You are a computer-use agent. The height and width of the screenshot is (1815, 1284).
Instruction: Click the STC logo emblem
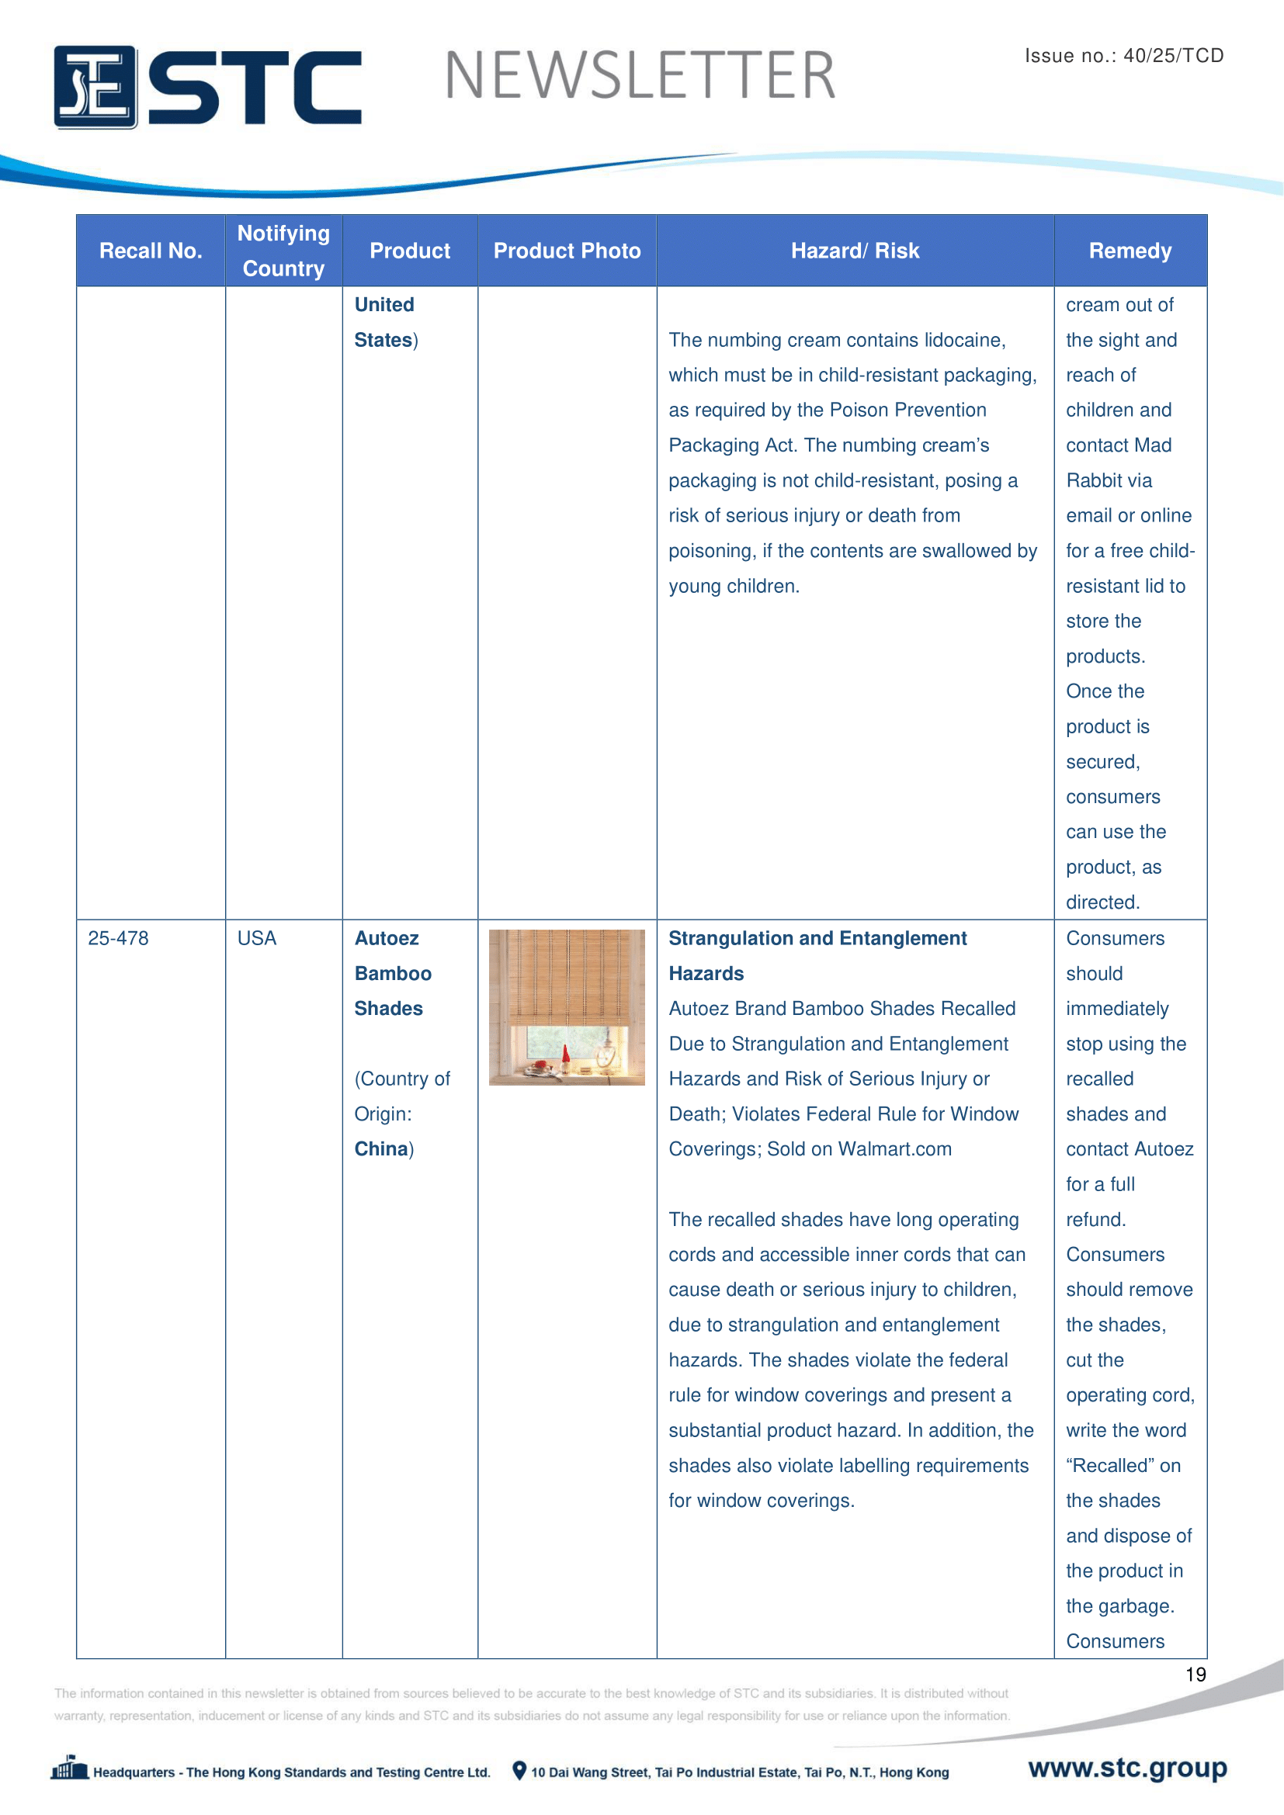[x=95, y=87]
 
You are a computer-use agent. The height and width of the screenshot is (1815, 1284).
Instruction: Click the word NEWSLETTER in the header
[x=640, y=76]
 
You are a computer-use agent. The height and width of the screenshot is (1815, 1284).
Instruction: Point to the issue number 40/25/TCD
[x=1173, y=56]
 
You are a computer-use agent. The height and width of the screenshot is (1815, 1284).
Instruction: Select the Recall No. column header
[x=151, y=251]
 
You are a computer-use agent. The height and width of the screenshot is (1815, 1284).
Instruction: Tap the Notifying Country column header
[x=283, y=251]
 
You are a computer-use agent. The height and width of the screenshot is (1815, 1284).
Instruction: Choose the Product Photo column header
[x=567, y=251]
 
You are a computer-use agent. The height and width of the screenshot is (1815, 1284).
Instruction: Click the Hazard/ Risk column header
[x=855, y=251]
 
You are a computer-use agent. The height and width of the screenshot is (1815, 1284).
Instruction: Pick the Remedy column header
[x=1130, y=251]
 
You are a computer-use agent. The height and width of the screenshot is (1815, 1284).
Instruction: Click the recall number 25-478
[x=119, y=938]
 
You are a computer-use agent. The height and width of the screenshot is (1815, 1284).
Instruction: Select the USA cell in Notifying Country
[x=257, y=938]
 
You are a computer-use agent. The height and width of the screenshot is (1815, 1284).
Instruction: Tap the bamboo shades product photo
[x=567, y=1007]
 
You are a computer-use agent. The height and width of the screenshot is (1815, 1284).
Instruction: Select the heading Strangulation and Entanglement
[x=817, y=938]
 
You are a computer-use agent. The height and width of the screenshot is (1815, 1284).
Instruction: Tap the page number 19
[x=1196, y=1675]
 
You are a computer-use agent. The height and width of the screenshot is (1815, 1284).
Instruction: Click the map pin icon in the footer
[x=519, y=1771]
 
